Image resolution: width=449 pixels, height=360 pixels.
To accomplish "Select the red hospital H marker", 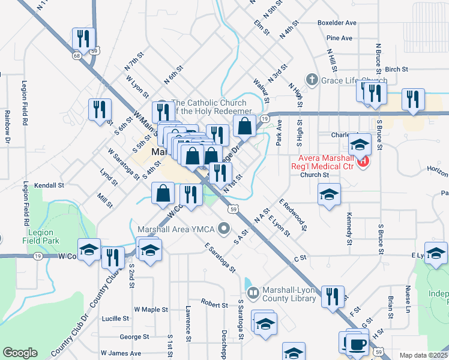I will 363,161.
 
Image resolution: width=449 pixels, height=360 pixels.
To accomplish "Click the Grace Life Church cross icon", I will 311,79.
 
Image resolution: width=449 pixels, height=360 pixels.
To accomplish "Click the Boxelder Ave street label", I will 337,23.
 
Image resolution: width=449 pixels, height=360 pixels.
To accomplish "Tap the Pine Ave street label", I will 339,38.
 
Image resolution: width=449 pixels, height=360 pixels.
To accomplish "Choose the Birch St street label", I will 396,70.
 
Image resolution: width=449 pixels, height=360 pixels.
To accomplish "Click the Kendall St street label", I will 49,185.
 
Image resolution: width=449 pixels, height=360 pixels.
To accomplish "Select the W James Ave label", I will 121,353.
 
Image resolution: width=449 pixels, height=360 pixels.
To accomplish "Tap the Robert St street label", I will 214,304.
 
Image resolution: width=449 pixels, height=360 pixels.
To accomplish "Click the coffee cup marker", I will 359,344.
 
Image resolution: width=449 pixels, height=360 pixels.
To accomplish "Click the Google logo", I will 20,352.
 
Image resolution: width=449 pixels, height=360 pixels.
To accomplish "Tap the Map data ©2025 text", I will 423,355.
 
